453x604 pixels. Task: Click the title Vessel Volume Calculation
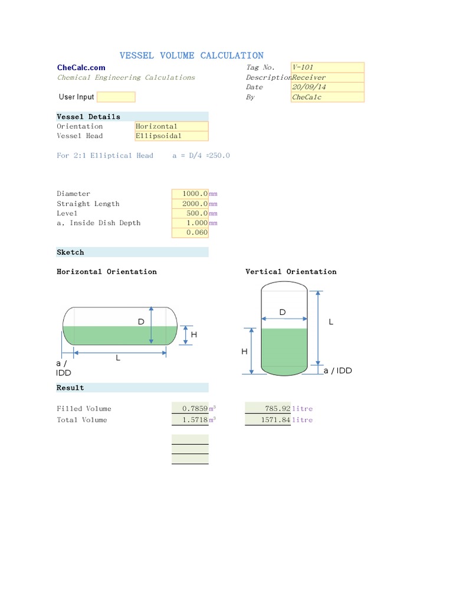coord(192,55)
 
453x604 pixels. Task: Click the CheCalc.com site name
coord(81,68)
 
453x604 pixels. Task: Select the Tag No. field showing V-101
coord(327,67)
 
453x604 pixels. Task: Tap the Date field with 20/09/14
coord(327,87)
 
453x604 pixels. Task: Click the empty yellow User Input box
coord(116,97)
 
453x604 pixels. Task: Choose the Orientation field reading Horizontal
coord(172,126)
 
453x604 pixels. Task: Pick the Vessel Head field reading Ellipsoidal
coord(172,136)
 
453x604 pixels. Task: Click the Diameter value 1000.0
coord(190,194)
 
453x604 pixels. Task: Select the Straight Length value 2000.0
coord(190,204)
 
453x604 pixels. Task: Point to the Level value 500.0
coord(190,214)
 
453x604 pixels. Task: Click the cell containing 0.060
coord(190,232)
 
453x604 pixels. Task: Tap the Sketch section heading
coord(71,252)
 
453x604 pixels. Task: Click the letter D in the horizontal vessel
coord(141,322)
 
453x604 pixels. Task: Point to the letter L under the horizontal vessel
coord(118,359)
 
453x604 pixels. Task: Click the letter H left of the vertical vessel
coord(244,352)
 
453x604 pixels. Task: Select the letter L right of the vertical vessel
coord(331,322)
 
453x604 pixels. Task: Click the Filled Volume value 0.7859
coord(190,408)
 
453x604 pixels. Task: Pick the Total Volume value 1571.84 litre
coord(268,420)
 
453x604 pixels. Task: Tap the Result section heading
coord(71,388)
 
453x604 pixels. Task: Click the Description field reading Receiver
coord(327,77)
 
